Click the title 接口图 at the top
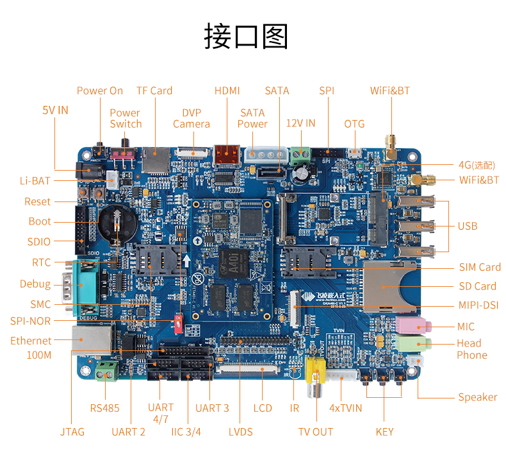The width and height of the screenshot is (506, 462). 247,36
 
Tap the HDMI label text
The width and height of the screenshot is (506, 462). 227,91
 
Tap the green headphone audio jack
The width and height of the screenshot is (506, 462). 410,343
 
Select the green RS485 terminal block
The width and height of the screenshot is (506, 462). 107,370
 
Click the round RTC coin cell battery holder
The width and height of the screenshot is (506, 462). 115,222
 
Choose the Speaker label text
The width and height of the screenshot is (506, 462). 477,397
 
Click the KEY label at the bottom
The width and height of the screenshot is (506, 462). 384,432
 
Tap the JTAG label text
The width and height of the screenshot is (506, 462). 72,432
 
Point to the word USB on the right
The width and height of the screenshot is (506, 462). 467,226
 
